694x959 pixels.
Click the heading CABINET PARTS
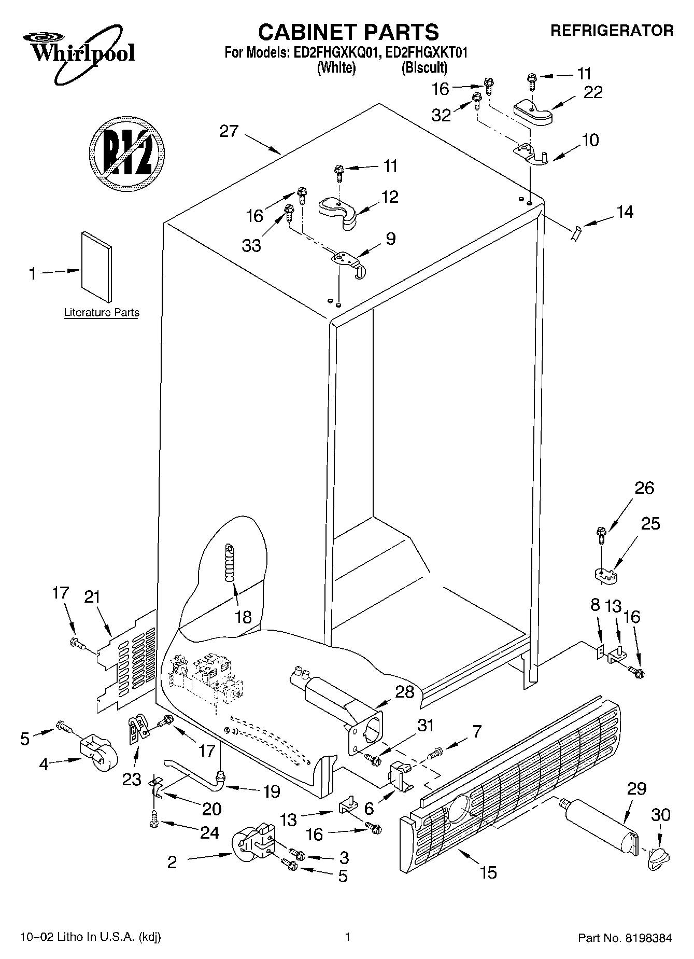[x=348, y=32]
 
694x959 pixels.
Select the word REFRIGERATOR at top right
[x=612, y=31]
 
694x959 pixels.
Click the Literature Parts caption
[x=102, y=313]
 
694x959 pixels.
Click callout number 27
[x=229, y=131]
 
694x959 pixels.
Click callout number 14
[x=625, y=212]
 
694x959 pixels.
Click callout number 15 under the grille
[x=488, y=872]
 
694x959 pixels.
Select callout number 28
[x=405, y=691]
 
